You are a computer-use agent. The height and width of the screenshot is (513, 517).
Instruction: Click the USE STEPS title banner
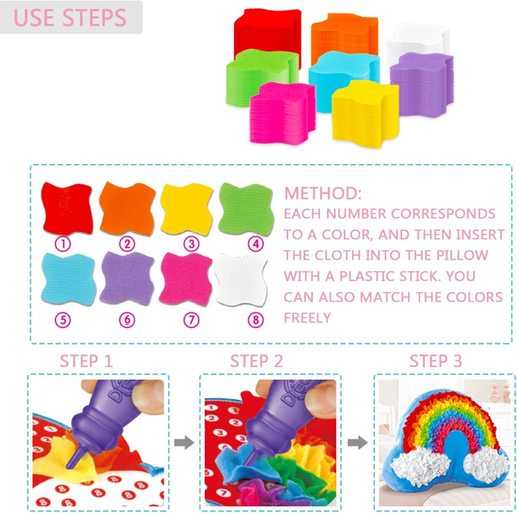[70, 17]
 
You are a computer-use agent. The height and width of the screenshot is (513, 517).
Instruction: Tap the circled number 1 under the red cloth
[63, 244]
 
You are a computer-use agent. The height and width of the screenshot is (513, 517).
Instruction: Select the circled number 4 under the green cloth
[256, 244]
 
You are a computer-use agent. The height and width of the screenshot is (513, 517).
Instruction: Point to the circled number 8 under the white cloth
[256, 320]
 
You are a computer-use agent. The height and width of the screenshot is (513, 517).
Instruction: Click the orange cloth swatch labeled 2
[127, 209]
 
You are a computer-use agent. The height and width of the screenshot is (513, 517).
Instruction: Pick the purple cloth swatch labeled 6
[127, 278]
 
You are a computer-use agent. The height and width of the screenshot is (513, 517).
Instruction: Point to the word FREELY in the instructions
[307, 318]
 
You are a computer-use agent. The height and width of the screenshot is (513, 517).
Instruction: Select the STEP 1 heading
[86, 361]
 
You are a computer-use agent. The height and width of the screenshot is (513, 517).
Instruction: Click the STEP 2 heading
[256, 361]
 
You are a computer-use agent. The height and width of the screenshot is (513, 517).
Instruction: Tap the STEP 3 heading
[436, 361]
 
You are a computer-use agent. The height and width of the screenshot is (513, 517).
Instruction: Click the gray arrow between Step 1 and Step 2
[184, 443]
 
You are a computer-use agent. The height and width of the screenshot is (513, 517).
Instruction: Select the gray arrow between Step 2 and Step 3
[358, 443]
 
